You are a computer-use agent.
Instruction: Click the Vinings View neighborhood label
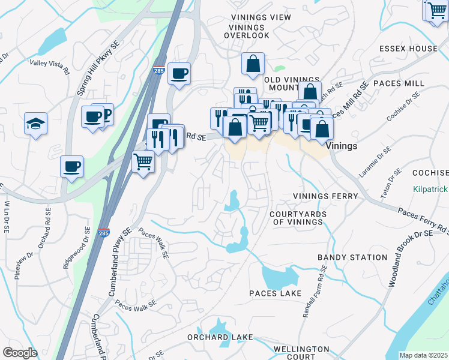pyautogui.click(x=260, y=17)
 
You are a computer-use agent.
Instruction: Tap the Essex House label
pyautogui.click(x=408, y=49)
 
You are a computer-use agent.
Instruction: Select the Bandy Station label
pyautogui.click(x=352, y=257)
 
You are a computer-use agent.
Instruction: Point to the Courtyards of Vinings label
pyautogui.click(x=298, y=218)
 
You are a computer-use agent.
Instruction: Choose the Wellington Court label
pyautogui.click(x=301, y=353)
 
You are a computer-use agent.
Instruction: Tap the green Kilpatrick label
pyautogui.click(x=430, y=188)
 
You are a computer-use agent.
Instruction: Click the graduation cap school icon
pyautogui.click(x=35, y=124)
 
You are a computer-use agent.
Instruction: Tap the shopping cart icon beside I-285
pyautogui.click(x=142, y=161)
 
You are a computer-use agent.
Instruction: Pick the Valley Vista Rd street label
pyautogui.click(x=49, y=67)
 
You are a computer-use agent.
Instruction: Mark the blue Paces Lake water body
pyautogui.click(x=280, y=277)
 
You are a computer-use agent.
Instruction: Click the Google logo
pyautogui.click(x=20, y=353)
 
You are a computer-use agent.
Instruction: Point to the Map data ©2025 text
pyautogui.click(x=423, y=355)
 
